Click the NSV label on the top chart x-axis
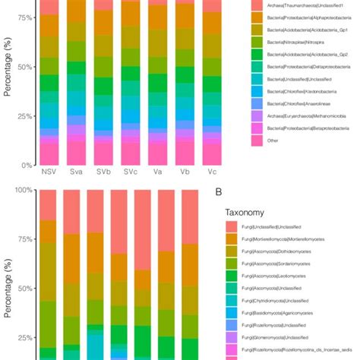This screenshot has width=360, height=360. (50, 172)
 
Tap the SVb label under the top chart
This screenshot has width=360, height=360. (103, 172)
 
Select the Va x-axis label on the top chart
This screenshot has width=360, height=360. (155, 172)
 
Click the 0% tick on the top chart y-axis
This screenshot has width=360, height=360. (28, 165)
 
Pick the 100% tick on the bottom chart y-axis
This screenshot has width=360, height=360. (24, 190)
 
